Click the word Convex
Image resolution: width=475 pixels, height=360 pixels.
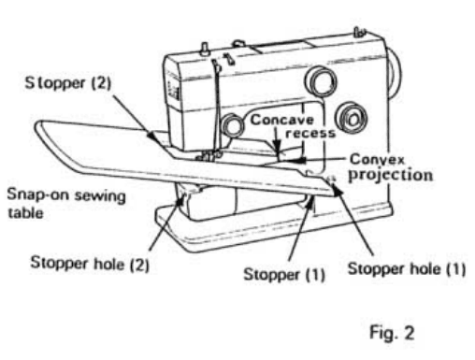pos(374,159)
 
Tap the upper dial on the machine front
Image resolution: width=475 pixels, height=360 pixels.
pos(324,82)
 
